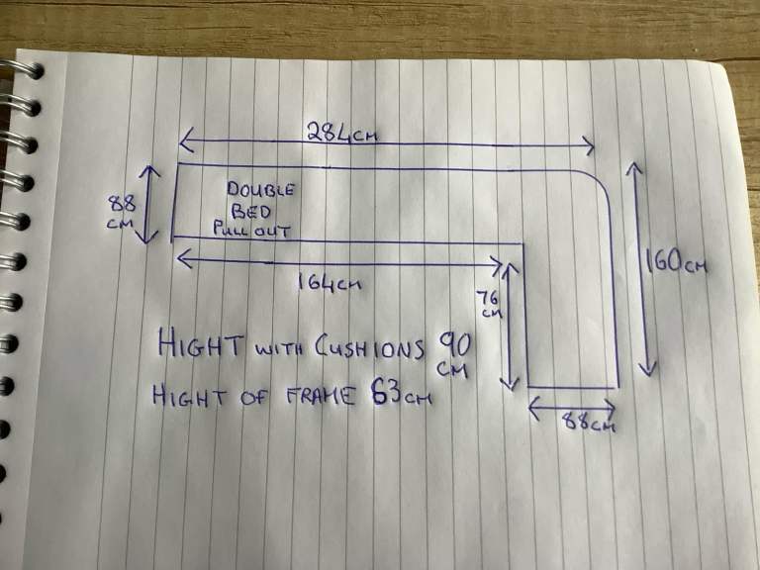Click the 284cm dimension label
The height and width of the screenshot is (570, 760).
click(342, 132)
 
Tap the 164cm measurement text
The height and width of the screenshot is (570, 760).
click(330, 282)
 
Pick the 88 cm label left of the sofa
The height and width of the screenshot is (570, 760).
click(121, 212)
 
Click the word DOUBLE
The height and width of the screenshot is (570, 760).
click(260, 189)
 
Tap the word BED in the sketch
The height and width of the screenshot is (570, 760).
click(251, 212)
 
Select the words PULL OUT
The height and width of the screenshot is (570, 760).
click(251, 230)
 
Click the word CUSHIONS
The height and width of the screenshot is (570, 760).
click(370, 348)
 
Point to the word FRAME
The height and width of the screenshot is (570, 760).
click(321, 396)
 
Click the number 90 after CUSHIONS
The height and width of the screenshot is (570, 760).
click(454, 346)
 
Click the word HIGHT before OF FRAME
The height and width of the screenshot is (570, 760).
click(190, 395)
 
